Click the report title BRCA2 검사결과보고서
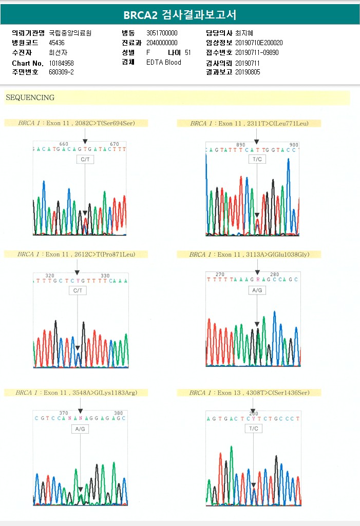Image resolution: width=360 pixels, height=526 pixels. click(x=180, y=15)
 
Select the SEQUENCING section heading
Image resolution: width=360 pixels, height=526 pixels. click(x=30, y=98)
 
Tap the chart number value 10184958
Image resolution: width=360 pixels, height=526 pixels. click(x=62, y=63)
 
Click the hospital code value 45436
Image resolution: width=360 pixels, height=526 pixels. click(x=56, y=43)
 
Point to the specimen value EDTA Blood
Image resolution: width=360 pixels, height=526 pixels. click(x=164, y=63)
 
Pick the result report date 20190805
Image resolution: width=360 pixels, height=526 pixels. click(x=248, y=72)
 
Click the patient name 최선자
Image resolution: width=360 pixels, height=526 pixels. click(x=58, y=52)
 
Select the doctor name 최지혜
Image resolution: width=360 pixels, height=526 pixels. click(x=244, y=33)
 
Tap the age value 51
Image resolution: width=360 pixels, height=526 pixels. click(x=187, y=52)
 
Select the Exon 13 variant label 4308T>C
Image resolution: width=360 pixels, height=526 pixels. click(x=284, y=393)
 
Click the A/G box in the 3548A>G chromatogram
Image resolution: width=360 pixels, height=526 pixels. click(x=80, y=428)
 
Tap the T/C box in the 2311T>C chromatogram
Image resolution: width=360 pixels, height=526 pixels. click(x=256, y=159)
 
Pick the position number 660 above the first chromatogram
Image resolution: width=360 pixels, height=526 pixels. click(x=64, y=144)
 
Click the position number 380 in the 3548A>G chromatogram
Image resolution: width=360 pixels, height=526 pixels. click(x=118, y=413)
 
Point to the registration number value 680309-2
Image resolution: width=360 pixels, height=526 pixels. click(x=61, y=72)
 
